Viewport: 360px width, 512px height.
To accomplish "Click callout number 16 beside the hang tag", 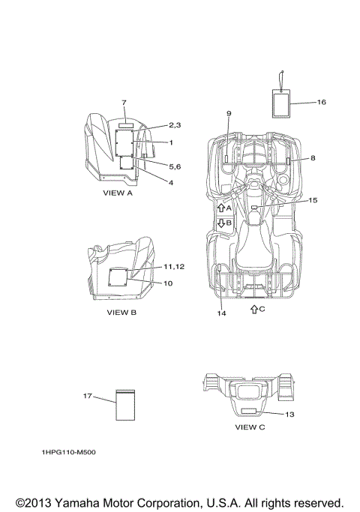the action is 322,102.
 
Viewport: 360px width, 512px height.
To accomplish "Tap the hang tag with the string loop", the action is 281,103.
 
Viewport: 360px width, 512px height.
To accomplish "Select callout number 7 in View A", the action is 124,103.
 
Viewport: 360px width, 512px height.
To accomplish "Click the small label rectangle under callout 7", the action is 126,125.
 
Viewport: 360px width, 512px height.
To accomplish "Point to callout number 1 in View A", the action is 170,142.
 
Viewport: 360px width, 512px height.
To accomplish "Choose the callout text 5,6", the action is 175,166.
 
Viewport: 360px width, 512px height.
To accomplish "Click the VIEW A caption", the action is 118,193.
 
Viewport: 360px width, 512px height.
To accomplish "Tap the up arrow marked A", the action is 221,208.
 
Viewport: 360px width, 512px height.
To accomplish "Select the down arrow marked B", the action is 221,223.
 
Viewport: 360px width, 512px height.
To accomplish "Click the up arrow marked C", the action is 254,309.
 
